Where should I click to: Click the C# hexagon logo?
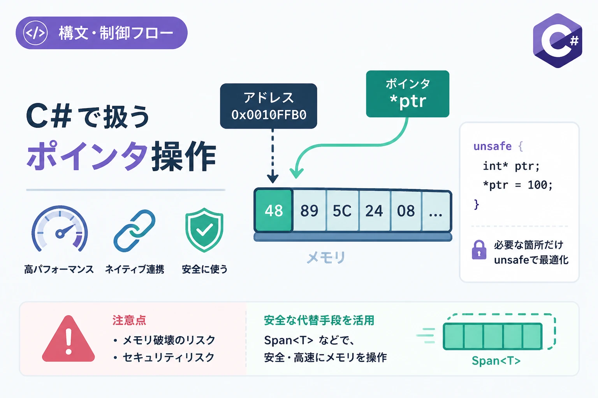tap(558, 40)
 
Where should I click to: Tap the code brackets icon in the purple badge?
tap(35, 33)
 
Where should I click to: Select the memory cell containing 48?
tap(274, 210)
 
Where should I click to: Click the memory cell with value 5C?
tap(342, 210)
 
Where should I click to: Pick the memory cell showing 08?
tap(406, 210)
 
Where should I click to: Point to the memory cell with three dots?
tap(436, 211)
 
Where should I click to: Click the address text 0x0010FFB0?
tap(269, 115)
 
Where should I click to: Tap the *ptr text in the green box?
tap(408, 101)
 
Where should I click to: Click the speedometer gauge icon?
tap(60, 229)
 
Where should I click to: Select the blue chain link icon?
tap(134, 231)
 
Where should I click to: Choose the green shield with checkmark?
tap(204, 230)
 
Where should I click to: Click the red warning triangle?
tap(69, 339)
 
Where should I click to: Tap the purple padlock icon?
tap(479, 250)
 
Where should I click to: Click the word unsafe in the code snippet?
tap(492, 146)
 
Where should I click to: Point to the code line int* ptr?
tap(511, 166)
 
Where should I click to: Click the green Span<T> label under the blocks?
tap(496, 360)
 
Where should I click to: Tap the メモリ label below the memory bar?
tap(326, 258)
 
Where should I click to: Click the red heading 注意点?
tap(129, 320)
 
